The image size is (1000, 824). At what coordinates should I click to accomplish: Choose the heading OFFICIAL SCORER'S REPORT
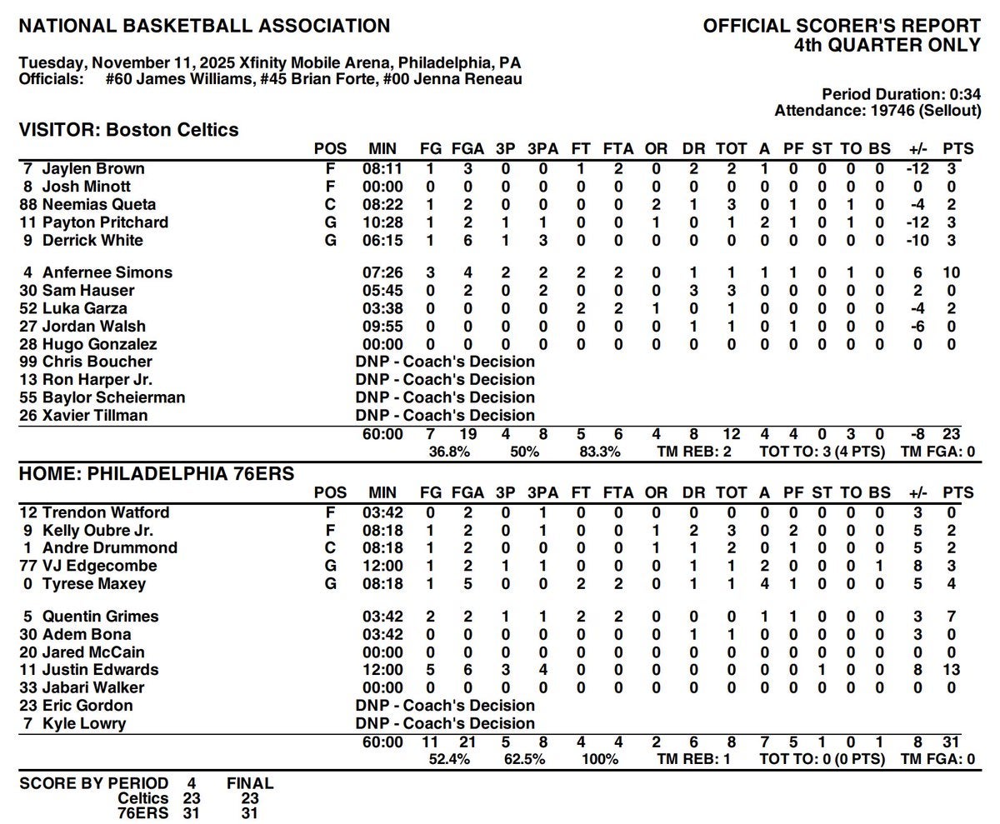[842, 26]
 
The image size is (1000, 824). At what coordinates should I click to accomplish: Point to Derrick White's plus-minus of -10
[918, 241]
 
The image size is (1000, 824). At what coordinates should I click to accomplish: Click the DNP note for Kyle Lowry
[445, 723]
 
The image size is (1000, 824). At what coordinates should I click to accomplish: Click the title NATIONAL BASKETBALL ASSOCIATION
[204, 26]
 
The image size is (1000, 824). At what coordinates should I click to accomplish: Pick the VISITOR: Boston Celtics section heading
[129, 130]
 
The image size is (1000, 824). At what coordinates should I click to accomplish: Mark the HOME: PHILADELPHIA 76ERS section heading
[157, 474]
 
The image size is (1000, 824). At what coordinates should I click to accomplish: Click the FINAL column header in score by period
[250, 783]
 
